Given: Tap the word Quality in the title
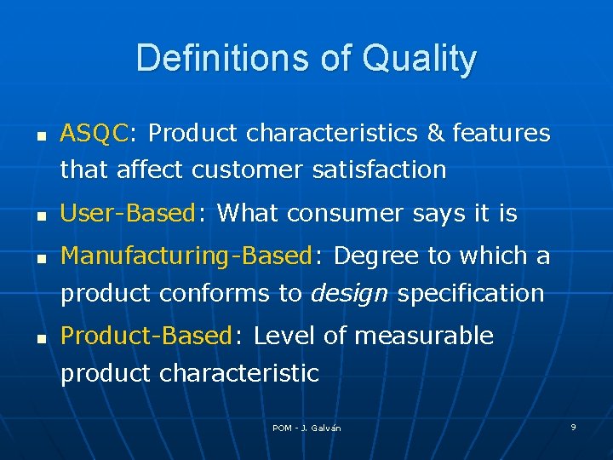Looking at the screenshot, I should tap(419, 59).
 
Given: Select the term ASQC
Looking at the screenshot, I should tap(94, 134).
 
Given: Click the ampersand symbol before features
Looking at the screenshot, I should tap(435, 134).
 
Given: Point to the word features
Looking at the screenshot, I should tap(501, 134).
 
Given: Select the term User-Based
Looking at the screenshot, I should tap(129, 214).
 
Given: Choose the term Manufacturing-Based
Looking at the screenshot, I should tap(187, 256).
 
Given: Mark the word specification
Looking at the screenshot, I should tap(471, 293).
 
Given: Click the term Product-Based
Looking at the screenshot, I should tap(146, 336).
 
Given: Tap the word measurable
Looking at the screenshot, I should tap(423, 336).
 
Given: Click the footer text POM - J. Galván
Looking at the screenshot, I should tap(306, 428).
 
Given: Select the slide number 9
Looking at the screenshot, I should tap(573, 427).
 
